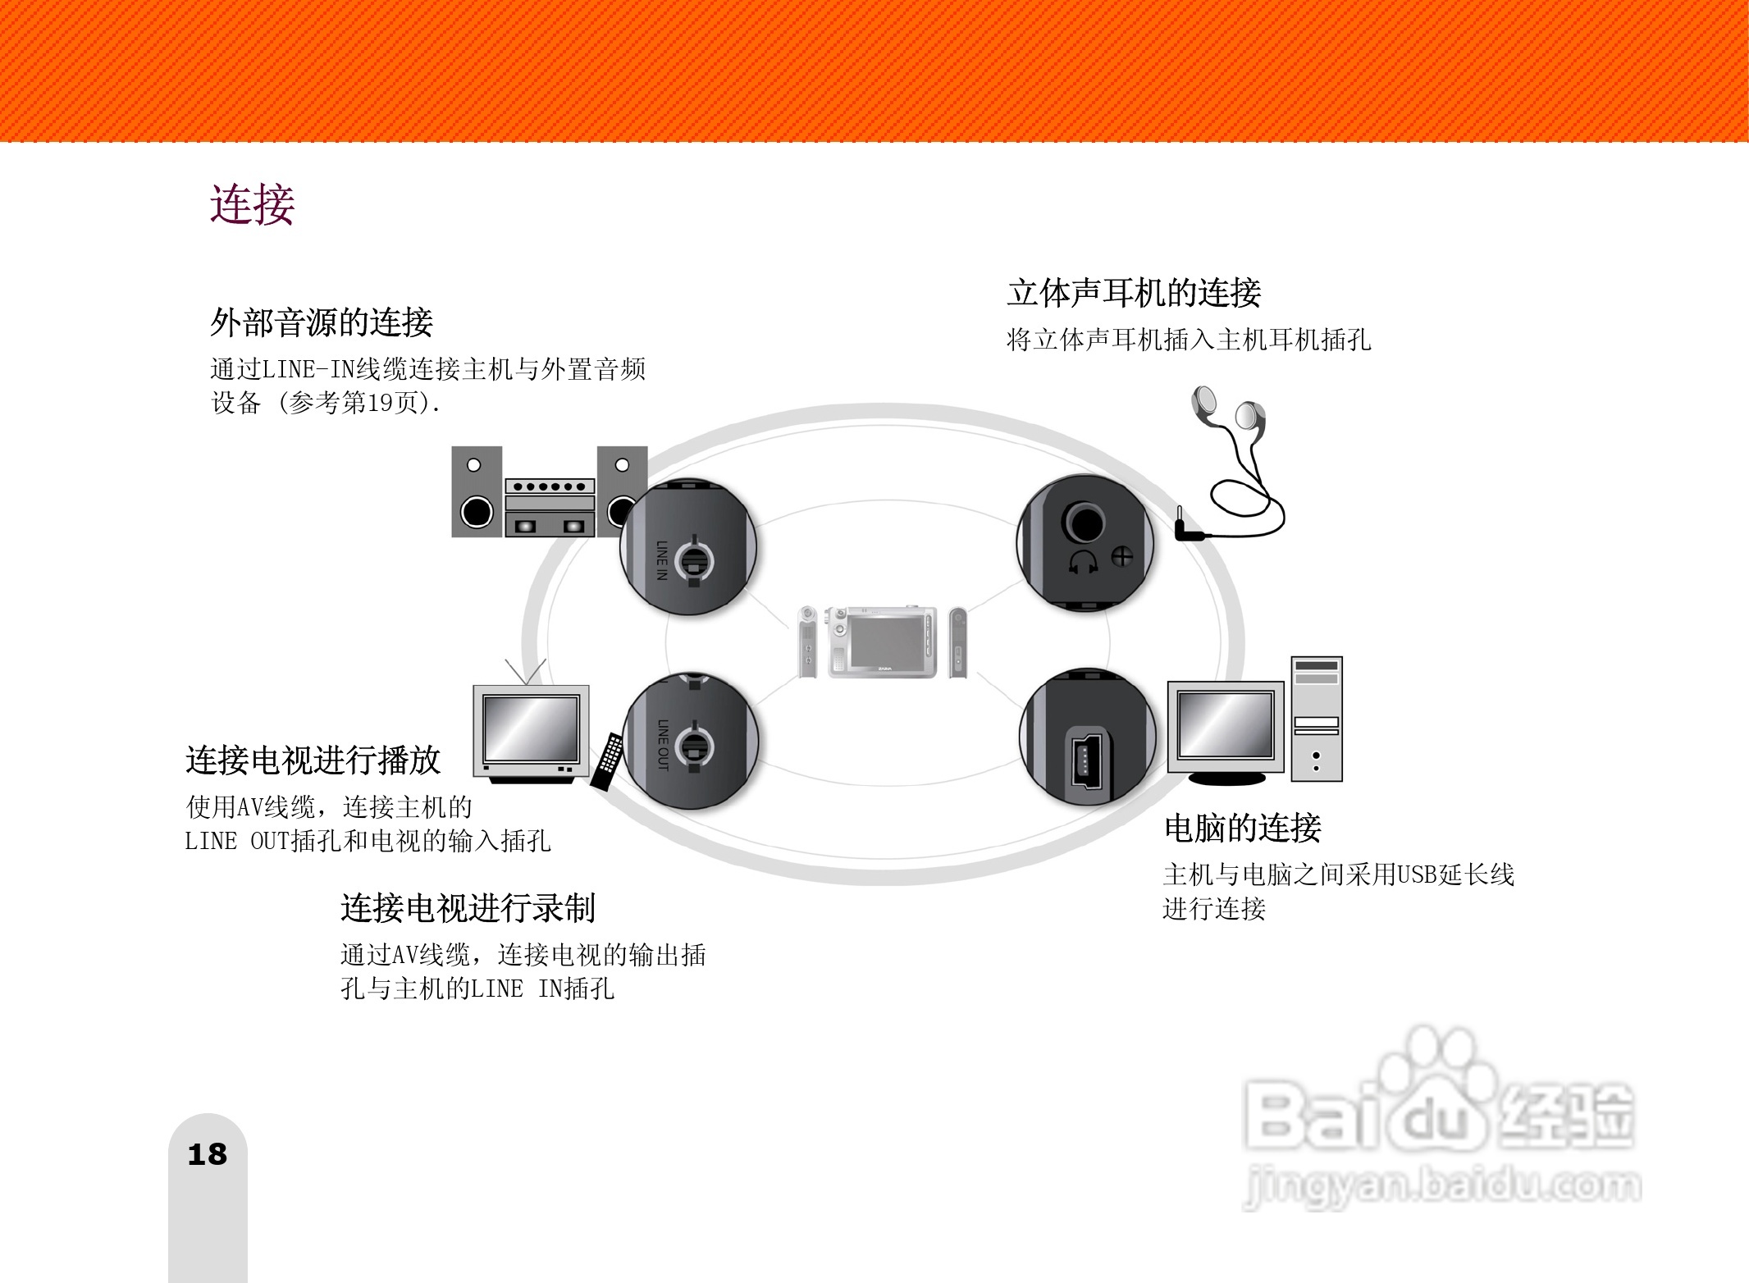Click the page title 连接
[x=252, y=204]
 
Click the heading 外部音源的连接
[x=321, y=322]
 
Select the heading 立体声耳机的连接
[x=1134, y=293]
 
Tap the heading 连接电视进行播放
[x=313, y=760]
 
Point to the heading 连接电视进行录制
[x=468, y=908]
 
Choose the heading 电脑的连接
[x=1243, y=829]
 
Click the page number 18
[x=207, y=1154]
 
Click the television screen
[x=532, y=728]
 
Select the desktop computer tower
[x=1316, y=719]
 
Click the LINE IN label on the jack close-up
[x=662, y=560]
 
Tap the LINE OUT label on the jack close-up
[x=663, y=745]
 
